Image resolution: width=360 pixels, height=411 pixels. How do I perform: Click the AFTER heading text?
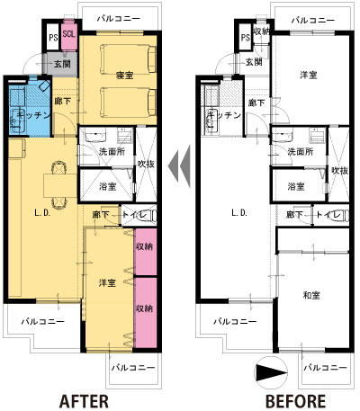point(84,401)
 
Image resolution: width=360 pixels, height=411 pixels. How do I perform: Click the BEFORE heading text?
point(295,401)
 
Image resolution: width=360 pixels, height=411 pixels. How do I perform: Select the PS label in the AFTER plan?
point(53,38)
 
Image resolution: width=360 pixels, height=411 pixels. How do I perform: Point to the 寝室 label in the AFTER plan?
point(124,76)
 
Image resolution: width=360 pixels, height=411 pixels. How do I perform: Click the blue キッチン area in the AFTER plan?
point(29,106)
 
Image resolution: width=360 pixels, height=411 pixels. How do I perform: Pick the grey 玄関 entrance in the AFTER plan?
point(60,63)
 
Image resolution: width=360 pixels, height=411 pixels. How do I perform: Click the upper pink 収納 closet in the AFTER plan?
point(146,252)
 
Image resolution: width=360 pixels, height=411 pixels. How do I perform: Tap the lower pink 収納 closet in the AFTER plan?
point(146,313)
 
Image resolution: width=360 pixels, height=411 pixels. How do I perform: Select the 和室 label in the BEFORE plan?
point(311,296)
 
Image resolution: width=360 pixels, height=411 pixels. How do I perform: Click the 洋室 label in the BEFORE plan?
point(309,75)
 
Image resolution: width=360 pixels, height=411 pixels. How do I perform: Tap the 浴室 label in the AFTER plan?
point(107,186)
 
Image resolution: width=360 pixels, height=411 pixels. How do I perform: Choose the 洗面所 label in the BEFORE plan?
point(300,152)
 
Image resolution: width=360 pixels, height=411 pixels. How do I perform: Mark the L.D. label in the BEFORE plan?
point(239,213)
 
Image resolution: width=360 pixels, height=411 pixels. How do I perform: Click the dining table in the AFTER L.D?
point(60,185)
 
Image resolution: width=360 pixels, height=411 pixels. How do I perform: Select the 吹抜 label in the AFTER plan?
point(146,164)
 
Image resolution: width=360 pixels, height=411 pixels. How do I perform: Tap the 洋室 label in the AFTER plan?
point(107,283)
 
